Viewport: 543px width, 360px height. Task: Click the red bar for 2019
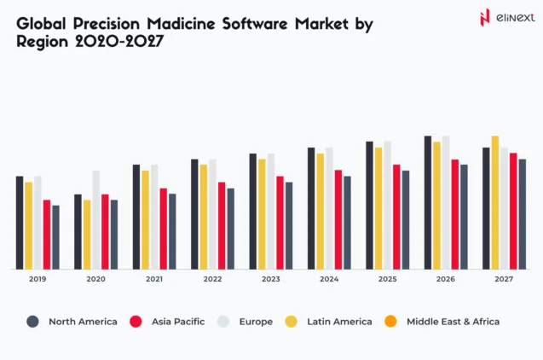[x=47, y=235]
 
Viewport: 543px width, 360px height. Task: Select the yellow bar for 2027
[x=495, y=202]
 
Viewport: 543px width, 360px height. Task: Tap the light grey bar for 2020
[x=96, y=219]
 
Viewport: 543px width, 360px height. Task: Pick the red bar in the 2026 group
[x=455, y=214]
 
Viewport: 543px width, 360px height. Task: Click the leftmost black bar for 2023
[x=253, y=211]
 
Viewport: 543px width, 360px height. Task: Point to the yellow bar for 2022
[x=204, y=217]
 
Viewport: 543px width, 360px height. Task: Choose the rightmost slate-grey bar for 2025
[x=406, y=219]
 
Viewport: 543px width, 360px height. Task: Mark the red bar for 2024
[x=338, y=219]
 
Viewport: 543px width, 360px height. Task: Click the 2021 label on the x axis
[x=154, y=280]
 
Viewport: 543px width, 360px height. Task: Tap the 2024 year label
[x=329, y=280]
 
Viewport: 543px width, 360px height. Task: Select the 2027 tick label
[x=504, y=280]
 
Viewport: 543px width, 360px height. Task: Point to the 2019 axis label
[x=38, y=280]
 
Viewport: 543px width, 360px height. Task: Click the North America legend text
[x=83, y=322]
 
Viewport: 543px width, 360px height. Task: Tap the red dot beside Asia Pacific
[x=136, y=322]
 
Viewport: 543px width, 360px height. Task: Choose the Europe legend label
[x=257, y=322]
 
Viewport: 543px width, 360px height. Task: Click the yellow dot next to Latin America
[x=291, y=322]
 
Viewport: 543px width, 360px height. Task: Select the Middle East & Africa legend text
[x=453, y=322]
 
